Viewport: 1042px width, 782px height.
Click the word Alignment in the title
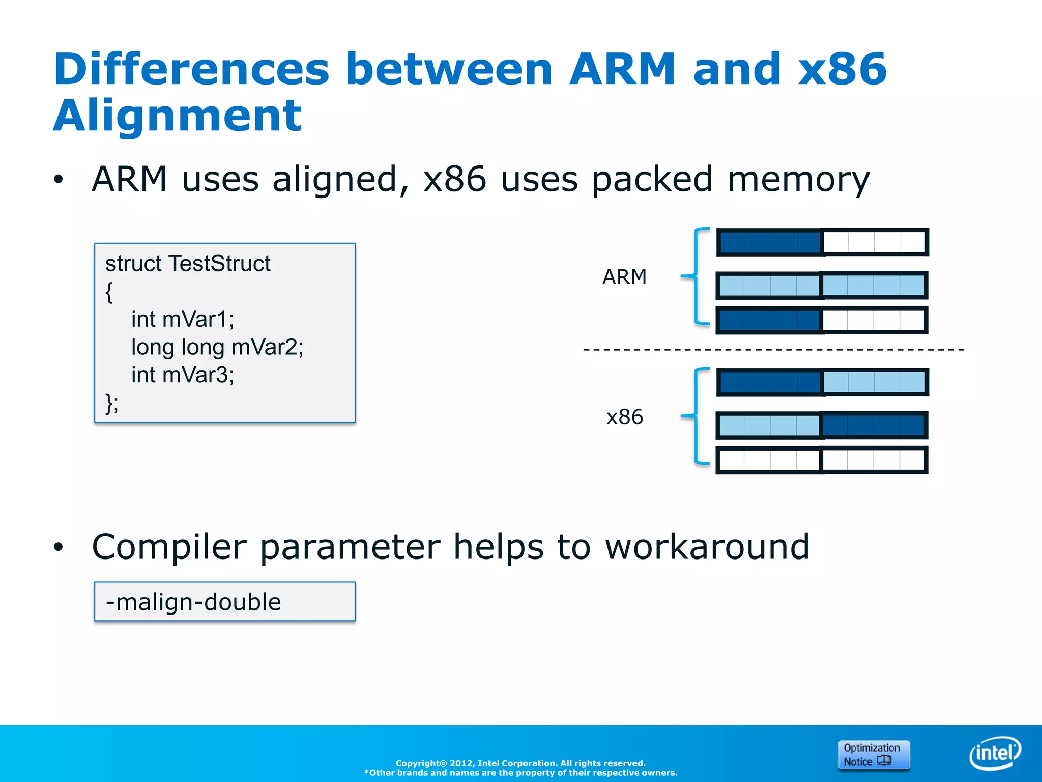tap(178, 116)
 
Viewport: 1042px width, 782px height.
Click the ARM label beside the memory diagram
tap(624, 277)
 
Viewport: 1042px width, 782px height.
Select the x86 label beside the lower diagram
tap(624, 417)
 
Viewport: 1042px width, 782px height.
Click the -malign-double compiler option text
tap(193, 602)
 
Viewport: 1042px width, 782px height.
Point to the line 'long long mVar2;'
tap(217, 347)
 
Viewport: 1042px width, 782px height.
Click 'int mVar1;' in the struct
tap(183, 320)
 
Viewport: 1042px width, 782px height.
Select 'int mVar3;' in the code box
tap(183, 375)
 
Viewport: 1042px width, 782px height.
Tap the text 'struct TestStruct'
tap(188, 264)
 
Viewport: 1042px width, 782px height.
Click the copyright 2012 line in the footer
tap(520, 763)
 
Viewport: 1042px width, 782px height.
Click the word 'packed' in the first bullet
tap(652, 180)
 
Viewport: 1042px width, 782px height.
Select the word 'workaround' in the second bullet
tap(707, 547)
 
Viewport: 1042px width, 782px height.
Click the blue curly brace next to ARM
tap(696, 276)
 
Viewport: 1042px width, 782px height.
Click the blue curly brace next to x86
tap(696, 416)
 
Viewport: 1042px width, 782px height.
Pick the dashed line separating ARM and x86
tap(773, 350)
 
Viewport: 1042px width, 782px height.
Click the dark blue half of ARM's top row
tap(769, 242)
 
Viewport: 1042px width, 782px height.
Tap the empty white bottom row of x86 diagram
tap(822, 460)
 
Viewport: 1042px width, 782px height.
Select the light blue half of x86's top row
tap(874, 382)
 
